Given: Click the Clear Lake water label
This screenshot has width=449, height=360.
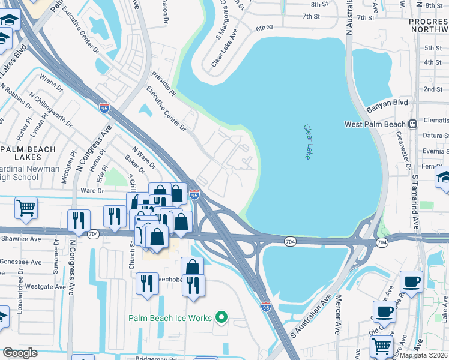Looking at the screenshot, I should [x=309, y=142].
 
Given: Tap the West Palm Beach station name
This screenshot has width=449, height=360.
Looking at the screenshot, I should [x=375, y=124].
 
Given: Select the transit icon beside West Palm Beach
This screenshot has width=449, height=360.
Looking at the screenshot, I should [x=412, y=124].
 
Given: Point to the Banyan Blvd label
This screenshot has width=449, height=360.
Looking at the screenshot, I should [x=387, y=103].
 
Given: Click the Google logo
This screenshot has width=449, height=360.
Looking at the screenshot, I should [x=20, y=353].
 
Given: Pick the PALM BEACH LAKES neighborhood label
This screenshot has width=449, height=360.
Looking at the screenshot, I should [x=28, y=153].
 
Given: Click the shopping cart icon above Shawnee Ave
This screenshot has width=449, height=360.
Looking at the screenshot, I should [x=26, y=208].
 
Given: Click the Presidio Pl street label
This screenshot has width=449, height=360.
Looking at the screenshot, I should [x=163, y=82].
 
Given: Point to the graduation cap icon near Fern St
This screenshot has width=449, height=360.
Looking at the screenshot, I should [x=444, y=177].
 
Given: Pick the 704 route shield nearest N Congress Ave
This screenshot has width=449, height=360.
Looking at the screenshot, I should [x=92, y=235].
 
